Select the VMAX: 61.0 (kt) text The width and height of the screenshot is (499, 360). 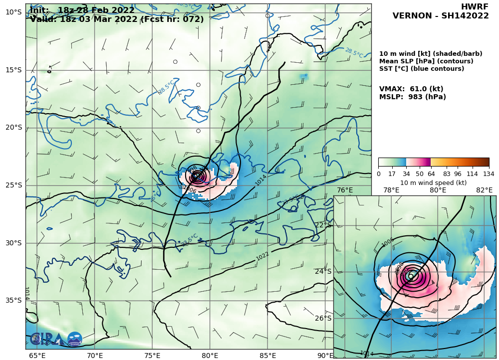[411, 89]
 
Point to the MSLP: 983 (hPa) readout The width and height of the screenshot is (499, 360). [413, 97]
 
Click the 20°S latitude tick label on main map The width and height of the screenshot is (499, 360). [13, 128]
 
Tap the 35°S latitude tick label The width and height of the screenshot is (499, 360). [13, 300]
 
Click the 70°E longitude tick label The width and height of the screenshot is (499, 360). [95, 356]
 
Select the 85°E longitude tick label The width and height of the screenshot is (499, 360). [267, 356]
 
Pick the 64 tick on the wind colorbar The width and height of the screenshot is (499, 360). [431, 174]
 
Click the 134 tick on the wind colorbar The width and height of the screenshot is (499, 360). [489, 174]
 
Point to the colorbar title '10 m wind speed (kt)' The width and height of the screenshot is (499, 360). [433, 182]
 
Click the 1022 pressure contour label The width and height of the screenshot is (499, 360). [262, 256]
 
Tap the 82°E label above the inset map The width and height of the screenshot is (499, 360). [484, 190]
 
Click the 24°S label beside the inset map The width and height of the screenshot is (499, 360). [323, 272]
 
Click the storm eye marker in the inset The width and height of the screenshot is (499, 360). [411, 276]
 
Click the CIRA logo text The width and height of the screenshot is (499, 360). [47, 339]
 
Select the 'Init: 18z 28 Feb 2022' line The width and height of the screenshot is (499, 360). [82, 10]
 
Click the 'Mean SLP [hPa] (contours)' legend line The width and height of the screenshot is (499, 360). [426, 61]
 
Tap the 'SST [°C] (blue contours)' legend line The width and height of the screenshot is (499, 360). [422, 69]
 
